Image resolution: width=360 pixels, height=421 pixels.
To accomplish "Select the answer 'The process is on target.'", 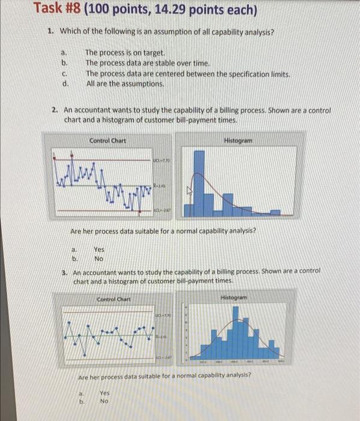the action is click(x=125, y=53).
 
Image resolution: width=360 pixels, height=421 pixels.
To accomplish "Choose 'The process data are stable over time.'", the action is click(x=148, y=63).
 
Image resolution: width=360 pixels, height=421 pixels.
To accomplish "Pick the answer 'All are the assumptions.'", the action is click(x=124, y=84).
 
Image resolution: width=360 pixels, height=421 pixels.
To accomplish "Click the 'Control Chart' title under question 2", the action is click(x=107, y=141).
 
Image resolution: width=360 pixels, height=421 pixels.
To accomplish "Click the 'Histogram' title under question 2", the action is click(x=237, y=140).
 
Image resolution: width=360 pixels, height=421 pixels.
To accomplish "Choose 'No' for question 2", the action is click(x=99, y=259).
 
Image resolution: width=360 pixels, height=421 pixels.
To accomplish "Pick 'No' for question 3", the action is click(x=104, y=401).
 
